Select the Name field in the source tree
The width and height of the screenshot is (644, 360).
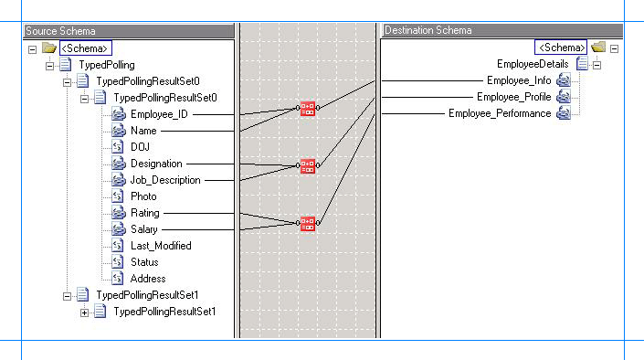[143, 131]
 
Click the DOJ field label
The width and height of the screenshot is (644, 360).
[140, 147]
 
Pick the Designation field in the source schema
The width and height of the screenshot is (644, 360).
[156, 164]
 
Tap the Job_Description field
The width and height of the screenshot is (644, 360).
[165, 180]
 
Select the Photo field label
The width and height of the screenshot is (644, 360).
[143, 196]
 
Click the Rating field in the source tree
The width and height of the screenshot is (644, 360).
[144, 213]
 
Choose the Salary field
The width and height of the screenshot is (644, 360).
[144, 229]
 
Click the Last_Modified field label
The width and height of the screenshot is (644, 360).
[161, 246]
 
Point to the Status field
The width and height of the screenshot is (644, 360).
[144, 262]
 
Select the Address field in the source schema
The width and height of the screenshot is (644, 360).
[148, 279]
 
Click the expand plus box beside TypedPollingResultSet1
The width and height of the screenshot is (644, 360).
[85, 312]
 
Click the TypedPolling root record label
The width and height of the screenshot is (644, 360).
[106, 65]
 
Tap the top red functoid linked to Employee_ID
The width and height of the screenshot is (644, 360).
[308, 109]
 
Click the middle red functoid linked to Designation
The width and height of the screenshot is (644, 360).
[308, 165]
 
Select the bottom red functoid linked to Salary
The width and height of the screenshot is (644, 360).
[308, 223]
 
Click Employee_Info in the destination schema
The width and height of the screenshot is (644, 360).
[519, 80]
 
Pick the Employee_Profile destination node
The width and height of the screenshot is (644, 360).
[514, 97]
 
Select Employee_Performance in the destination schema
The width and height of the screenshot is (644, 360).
[500, 113]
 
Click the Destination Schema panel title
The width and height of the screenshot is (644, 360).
[428, 30]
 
